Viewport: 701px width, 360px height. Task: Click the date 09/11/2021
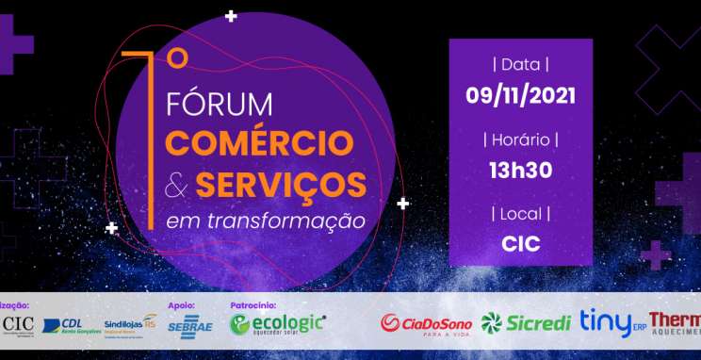(520, 95)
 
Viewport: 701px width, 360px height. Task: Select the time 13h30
(520, 170)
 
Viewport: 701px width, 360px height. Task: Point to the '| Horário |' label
(520, 139)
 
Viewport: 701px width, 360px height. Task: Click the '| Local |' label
(520, 214)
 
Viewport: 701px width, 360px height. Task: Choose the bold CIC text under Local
(520, 244)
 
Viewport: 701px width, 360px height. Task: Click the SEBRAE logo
(185, 325)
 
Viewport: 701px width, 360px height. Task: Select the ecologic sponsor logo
(279, 323)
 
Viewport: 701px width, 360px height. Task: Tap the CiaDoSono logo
(425, 324)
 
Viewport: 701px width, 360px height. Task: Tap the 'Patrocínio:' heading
(253, 305)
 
